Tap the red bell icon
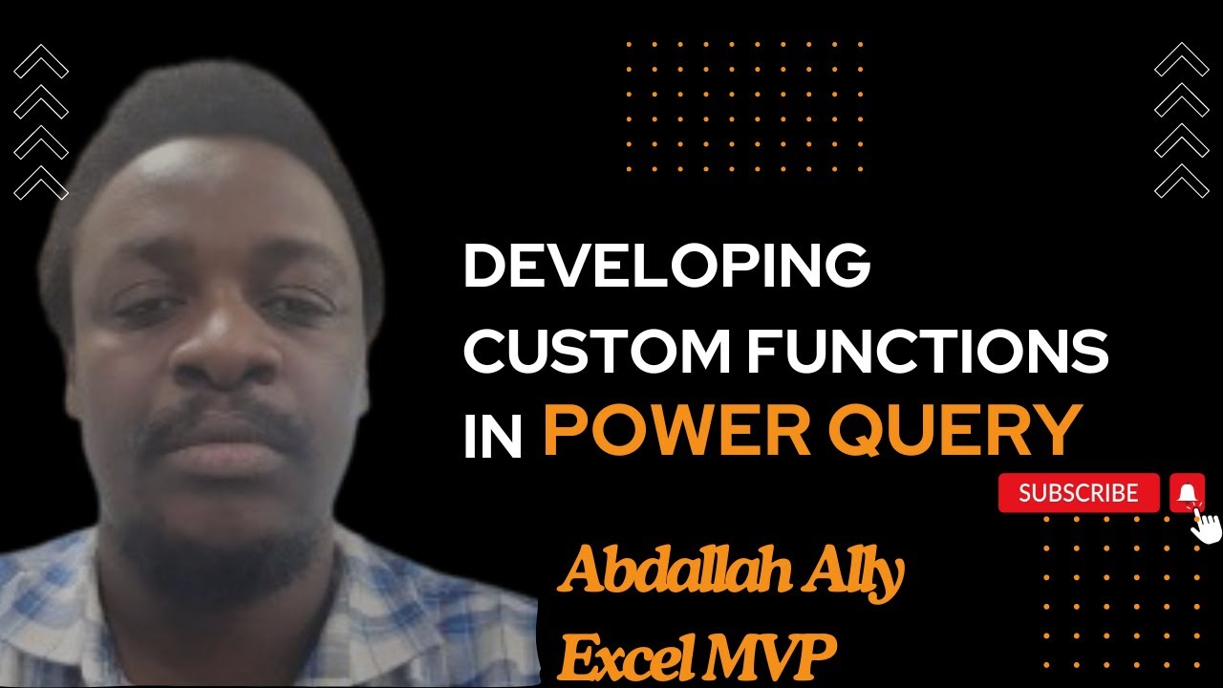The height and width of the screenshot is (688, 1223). tap(1187, 493)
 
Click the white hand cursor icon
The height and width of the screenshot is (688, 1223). tap(1207, 526)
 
